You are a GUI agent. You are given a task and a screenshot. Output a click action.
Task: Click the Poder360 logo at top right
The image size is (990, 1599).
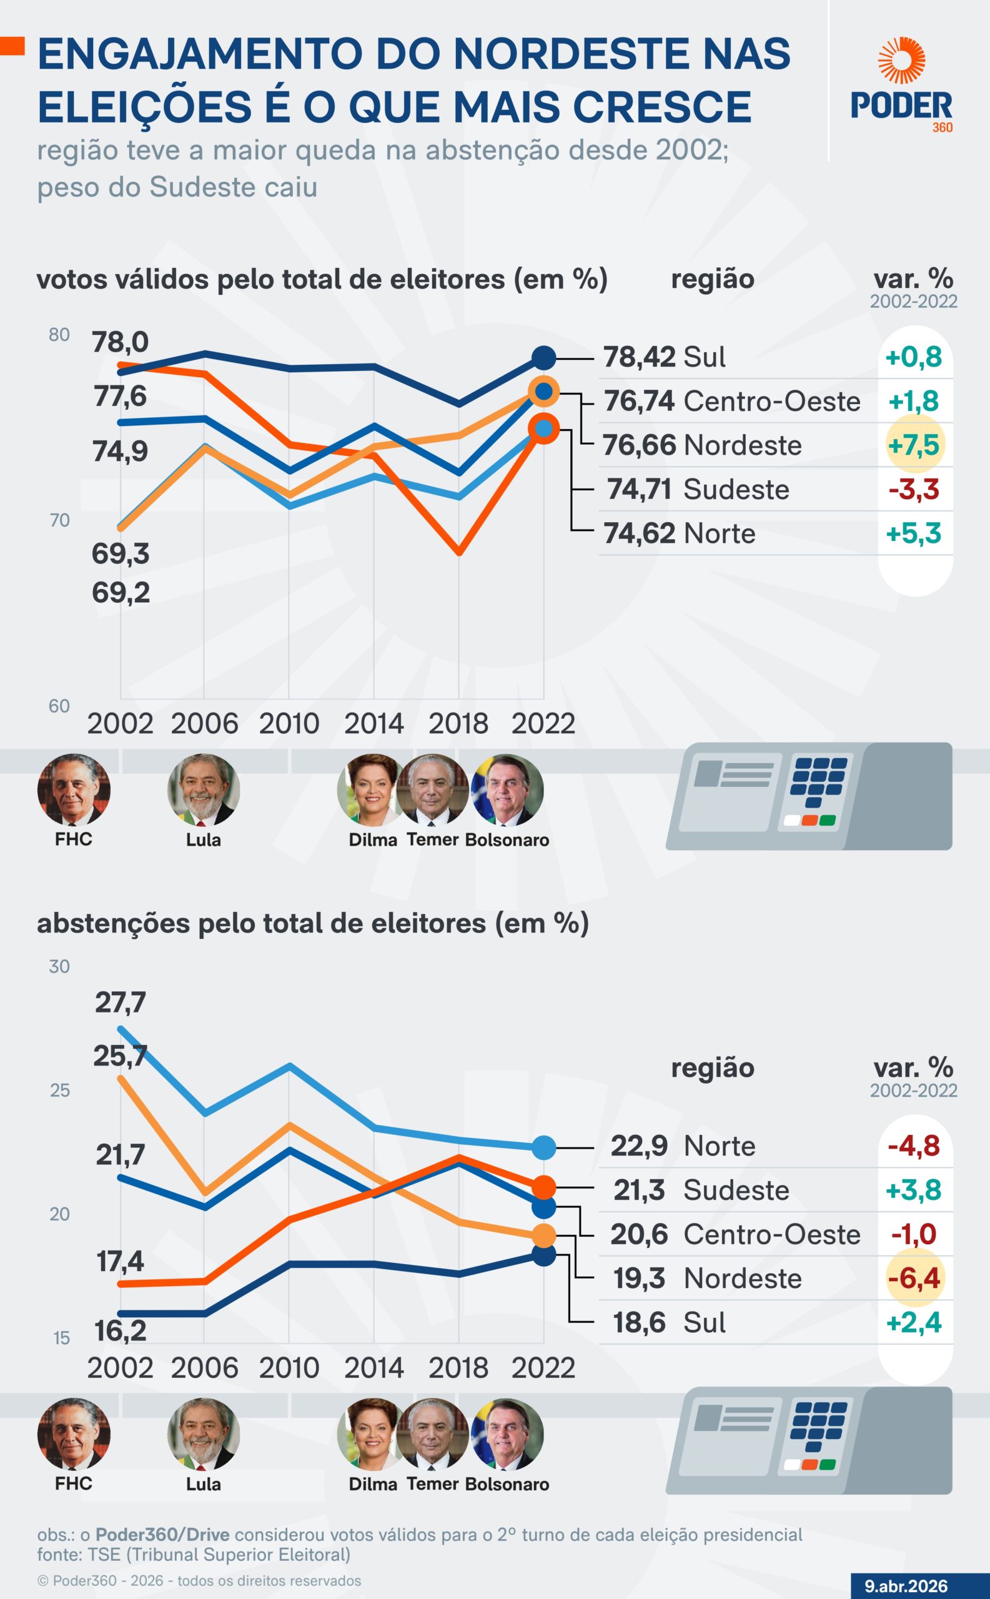[901, 85]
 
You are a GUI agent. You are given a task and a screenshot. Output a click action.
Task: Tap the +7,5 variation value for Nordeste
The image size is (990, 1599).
[914, 445]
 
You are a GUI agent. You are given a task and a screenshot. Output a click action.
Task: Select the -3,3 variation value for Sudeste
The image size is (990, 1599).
[914, 489]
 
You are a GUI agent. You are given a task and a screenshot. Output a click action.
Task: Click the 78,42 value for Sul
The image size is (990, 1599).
[639, 357]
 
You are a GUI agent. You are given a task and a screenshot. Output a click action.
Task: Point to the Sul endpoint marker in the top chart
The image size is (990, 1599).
[543, 357]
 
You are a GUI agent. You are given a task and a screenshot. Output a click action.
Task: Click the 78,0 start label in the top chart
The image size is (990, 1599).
[120, 342]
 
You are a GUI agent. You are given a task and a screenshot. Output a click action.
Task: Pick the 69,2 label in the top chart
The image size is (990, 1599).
[121, 593]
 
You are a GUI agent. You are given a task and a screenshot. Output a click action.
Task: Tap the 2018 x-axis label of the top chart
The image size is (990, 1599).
[458, 723]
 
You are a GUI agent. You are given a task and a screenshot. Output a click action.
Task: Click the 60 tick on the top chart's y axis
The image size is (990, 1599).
[59, 706]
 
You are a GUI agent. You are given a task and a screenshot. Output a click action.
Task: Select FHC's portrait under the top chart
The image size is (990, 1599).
[73, 790]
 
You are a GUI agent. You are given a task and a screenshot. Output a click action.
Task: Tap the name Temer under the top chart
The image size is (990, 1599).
[432, 839]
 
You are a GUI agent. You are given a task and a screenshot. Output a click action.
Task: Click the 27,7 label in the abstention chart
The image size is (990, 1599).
[120, 1002]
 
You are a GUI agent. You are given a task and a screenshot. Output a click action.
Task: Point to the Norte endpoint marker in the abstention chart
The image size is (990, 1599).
[543, 1147]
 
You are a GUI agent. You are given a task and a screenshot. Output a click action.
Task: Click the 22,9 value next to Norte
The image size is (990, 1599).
[639, 1147]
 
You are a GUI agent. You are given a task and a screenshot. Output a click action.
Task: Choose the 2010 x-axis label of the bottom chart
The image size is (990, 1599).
[289, 1368]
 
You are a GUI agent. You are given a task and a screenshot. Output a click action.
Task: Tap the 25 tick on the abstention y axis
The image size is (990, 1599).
[59, 1090]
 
